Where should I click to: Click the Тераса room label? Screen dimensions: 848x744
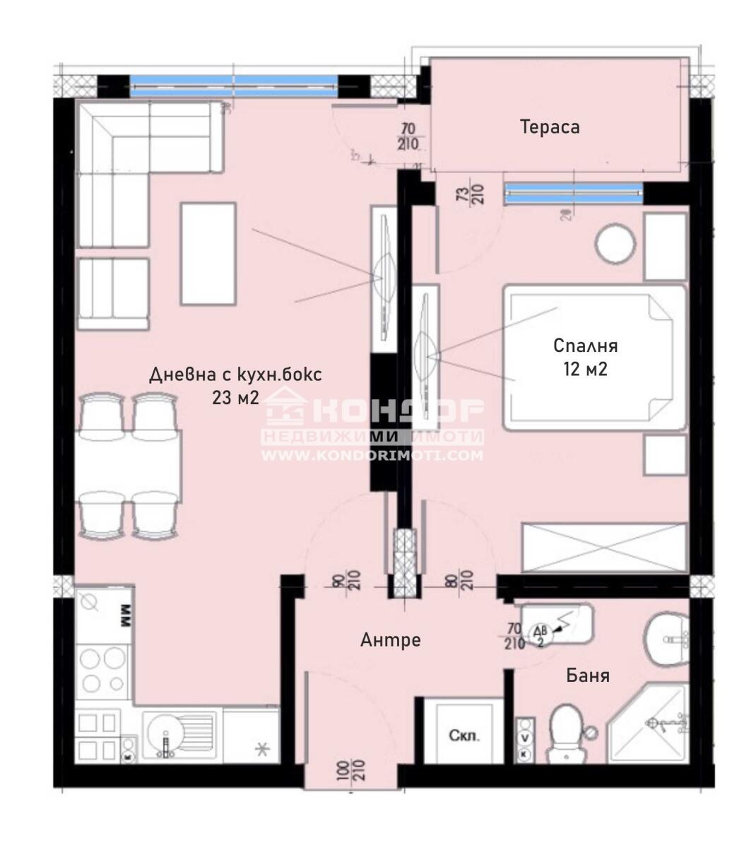[550, 127]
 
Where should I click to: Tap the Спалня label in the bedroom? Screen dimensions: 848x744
[585, 346]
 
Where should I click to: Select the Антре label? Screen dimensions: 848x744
[390, 640]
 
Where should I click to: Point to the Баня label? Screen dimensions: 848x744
[588, 676]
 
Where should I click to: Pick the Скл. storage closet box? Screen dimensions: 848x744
[464, 735]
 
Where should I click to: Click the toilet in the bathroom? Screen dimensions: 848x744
[565, 732]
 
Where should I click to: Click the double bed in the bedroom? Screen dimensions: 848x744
[594, 358]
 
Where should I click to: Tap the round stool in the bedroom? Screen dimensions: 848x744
[617, 245]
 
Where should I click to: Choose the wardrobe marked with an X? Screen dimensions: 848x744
[603, 547]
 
